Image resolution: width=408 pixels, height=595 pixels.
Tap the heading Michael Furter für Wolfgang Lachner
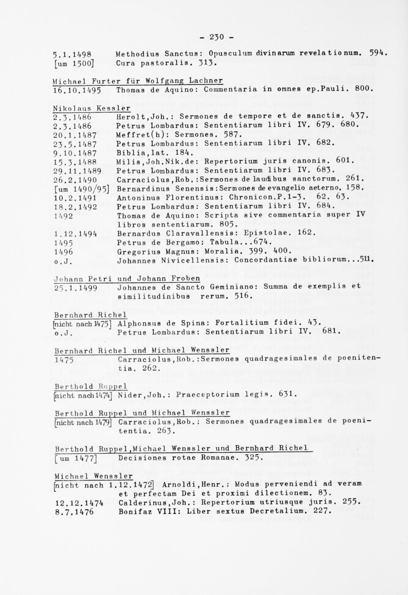pos(138,81)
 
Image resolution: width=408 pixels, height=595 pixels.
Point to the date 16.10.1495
pos(78,90)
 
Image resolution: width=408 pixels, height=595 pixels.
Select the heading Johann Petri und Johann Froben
pos(127,279)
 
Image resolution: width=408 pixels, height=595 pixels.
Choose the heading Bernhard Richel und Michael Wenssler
pos(142,351)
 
